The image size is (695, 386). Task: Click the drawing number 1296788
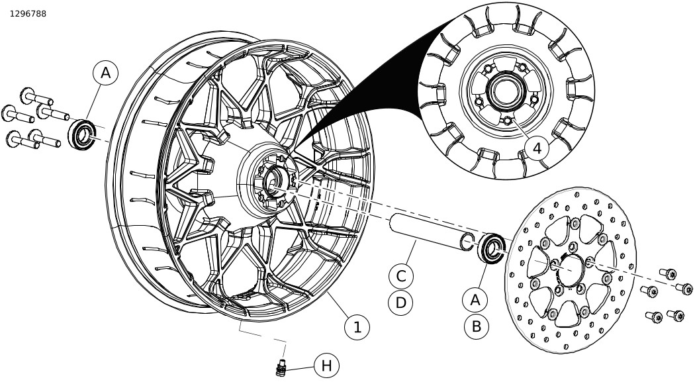click(x=28, y=13)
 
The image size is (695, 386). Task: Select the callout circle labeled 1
click(x=357, y=326)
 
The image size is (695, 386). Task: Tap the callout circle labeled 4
click(x=537, y=148)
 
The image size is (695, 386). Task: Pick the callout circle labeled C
click(x=400, y=275)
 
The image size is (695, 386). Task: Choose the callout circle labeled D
click(x=400, y=303)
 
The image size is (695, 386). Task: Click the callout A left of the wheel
click(x=106, y=73)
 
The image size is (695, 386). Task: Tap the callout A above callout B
click(x=475, y=299)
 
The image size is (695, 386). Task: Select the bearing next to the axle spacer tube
click(x=491, y=248)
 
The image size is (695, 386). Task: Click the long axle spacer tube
click(x=424, y=232)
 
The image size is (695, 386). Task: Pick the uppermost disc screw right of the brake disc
click(x=669, y=273)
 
